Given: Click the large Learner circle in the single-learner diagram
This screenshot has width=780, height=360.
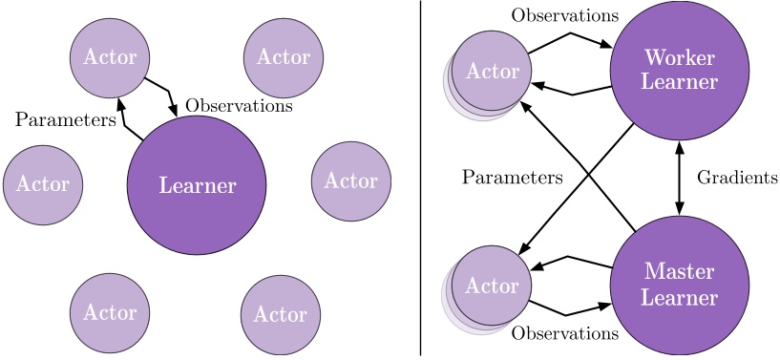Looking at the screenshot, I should coord(197,185).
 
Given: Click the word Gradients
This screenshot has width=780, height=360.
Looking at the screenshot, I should coord(737,178).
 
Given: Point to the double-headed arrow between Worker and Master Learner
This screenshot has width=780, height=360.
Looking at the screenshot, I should coord(679,178).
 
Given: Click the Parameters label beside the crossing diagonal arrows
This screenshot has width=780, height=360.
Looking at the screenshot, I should coord(512,178).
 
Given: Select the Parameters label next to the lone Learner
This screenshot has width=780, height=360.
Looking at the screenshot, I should coord(66,120).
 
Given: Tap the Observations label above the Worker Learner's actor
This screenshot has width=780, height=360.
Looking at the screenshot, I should coord(564,15).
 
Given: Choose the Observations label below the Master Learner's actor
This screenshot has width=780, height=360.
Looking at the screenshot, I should coord(564,333).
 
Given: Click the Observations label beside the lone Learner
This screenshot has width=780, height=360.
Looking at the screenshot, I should coord(239,105).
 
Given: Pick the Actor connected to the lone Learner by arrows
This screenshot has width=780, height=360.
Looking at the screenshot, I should coord(110,57).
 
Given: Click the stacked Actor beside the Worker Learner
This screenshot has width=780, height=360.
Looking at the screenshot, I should coord(491,72).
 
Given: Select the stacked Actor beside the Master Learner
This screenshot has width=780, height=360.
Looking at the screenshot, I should coord(491,286).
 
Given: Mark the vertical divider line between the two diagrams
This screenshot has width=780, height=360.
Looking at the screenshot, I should coord(421,180).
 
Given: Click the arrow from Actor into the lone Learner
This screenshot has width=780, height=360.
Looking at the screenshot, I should coord(163,94).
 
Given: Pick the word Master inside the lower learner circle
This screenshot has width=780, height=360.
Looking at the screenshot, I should coord(679,272).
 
